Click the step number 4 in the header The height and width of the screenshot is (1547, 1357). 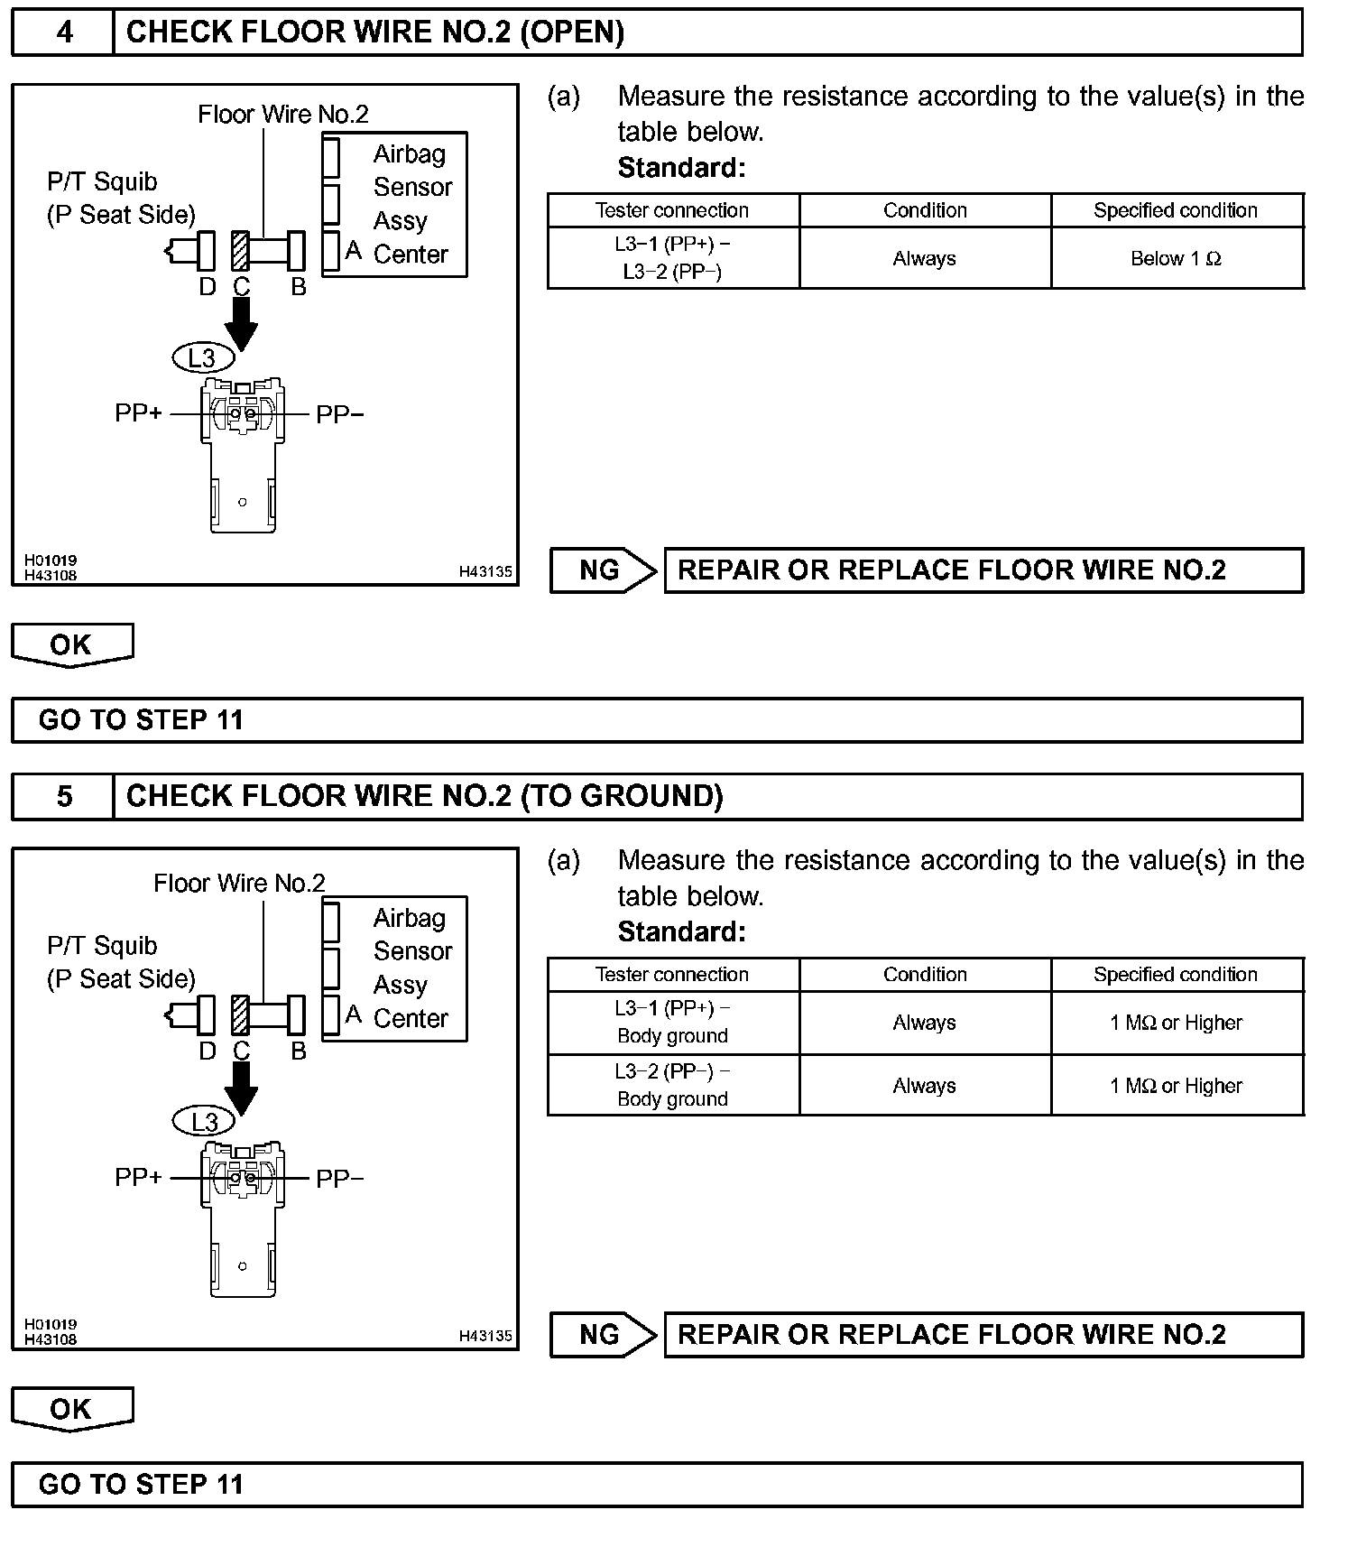[64, 32]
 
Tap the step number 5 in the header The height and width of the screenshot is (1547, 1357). [64, 796]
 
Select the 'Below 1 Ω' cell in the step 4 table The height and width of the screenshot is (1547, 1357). [1176, 259]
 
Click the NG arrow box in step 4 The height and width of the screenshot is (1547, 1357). [603, 570]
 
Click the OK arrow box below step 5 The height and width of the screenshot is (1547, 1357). [71, 1409]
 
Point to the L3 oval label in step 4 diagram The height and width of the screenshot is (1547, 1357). [203, 358]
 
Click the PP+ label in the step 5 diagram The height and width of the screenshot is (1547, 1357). [138, 1178]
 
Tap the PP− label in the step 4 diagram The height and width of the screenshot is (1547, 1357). [339, 414]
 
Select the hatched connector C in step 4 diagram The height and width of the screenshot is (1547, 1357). [240, 251]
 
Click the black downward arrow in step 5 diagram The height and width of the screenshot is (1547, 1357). [241, 1088]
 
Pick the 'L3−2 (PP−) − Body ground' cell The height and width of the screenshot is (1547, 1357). [673, 1085]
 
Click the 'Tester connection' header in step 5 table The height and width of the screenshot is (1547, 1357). [672, 975]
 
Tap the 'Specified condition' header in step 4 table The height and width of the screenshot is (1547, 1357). [1176, 210]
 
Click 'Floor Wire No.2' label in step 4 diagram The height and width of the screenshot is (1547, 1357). [283, 115]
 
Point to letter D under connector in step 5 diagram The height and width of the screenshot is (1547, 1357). [207, 1051]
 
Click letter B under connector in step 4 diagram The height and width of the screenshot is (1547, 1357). [299, 287]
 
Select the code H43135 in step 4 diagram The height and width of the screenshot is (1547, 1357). [485, 571]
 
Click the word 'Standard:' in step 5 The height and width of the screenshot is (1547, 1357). [681, 931]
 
